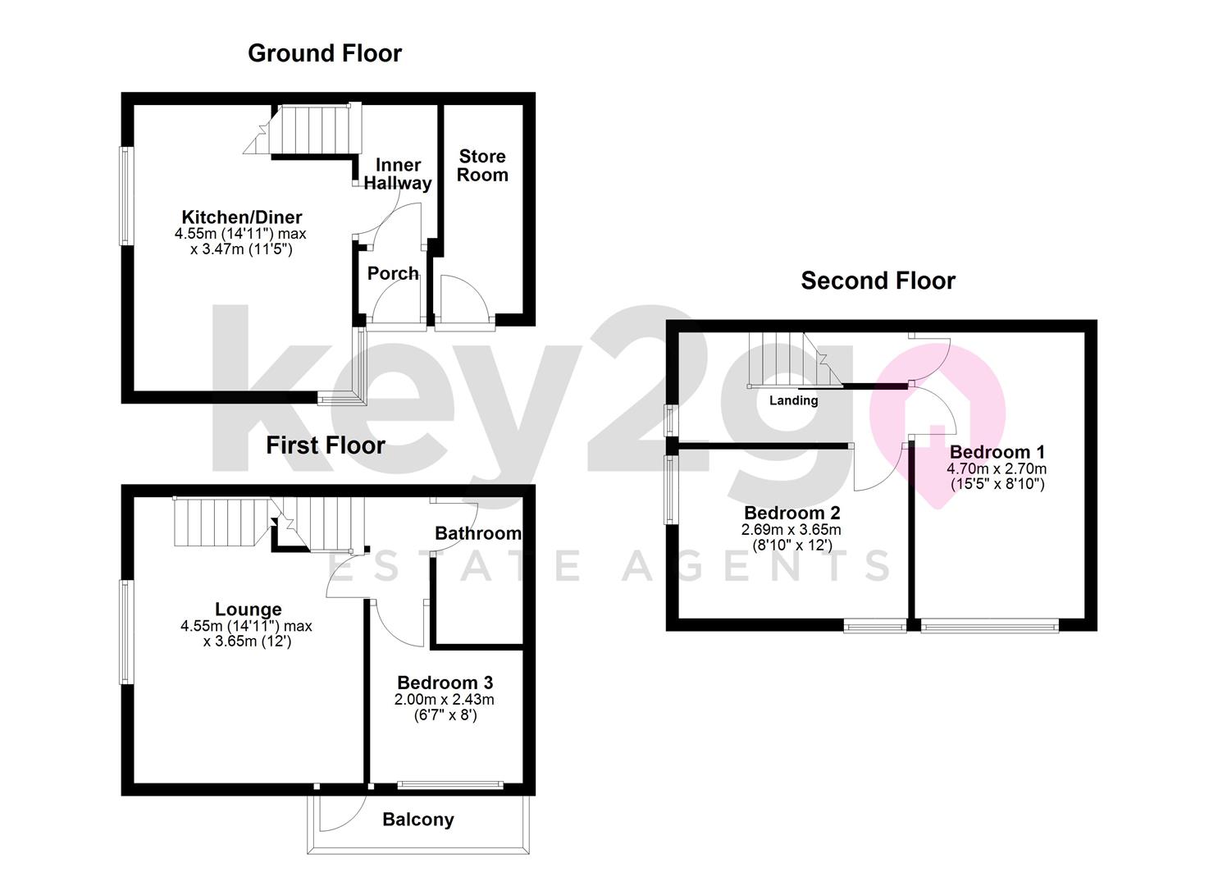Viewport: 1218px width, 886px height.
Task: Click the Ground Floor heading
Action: (325, 53)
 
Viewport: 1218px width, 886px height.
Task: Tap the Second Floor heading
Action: (878, 281)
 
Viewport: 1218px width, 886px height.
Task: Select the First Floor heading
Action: (325, 445)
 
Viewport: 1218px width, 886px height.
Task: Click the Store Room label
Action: (482, 166)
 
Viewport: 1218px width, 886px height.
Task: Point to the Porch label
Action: (393, 273)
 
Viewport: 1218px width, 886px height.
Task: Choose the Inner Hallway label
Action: (398, 173)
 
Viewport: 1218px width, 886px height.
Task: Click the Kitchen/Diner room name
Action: (241, 217)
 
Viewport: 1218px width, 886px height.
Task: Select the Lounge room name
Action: (248, 609)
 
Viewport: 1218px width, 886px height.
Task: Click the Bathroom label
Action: (478, 533)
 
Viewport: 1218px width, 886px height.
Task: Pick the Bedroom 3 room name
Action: (445, 682)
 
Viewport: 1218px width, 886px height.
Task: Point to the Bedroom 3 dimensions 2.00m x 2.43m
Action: (445, 699)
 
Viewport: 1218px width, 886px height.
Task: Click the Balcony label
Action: (417, 819)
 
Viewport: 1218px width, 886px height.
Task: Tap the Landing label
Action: (793, 400)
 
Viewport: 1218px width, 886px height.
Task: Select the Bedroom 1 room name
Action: (997, 452)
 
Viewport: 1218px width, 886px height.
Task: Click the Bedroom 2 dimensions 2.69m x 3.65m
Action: (791, 529)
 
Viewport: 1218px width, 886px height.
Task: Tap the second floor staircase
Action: (795, 360)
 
